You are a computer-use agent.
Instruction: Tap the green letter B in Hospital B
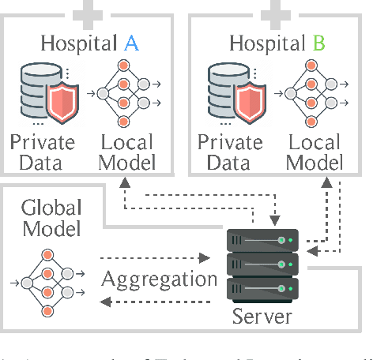point(318,43)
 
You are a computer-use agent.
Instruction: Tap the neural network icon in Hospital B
point(311,94)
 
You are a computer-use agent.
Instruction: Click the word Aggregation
point(159,279)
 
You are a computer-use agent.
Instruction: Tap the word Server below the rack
point(262,318)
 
